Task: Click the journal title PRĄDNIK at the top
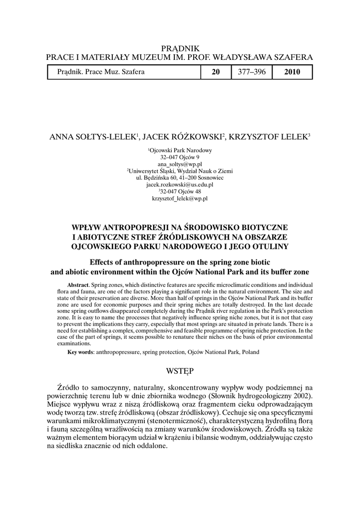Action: point(180,48)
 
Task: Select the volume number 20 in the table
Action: point(216,72)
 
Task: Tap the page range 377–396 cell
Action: point(251,72)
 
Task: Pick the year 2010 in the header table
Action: point(292,72)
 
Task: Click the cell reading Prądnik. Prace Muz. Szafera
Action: point(101,72)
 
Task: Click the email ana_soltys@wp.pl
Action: point(180,164)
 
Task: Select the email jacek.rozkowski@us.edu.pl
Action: point(180,184)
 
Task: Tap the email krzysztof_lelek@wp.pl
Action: point(180,198)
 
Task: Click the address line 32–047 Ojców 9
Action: point(180,157)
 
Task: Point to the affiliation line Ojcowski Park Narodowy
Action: point(180,150)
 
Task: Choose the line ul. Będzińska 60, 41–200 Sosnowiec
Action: point(180,177)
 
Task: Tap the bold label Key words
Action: point(80,352)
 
